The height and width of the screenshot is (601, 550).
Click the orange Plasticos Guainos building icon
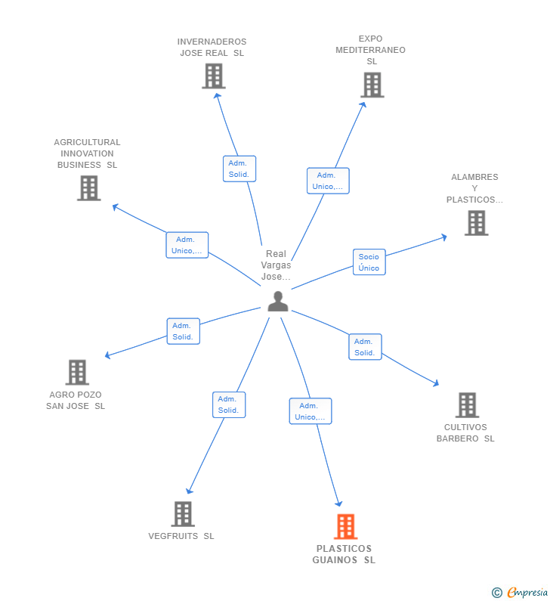[345, 526]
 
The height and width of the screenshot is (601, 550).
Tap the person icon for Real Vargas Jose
[278, 301]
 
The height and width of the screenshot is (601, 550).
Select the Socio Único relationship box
[369, 262]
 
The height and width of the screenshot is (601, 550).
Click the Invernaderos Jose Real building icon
[214, 76]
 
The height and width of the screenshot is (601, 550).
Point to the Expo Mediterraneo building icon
[372, 85]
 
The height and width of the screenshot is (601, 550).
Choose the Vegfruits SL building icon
[183, 514]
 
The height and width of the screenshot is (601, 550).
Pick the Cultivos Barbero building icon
[467, 405]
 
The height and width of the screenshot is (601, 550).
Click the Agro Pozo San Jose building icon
[77, 372]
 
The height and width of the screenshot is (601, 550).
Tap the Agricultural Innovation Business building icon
[88, 187]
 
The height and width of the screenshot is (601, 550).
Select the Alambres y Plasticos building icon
[476, 223]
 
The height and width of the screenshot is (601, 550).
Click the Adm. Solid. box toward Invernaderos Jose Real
[239, 169]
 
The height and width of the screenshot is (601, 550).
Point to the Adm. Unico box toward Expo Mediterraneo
[328, 181]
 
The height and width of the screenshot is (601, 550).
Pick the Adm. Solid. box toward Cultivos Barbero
[365, 347]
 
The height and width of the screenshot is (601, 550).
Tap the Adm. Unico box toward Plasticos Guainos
[310, 411]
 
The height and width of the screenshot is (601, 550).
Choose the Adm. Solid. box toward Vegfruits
[228, 404]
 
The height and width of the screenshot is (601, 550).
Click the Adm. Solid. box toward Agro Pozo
[183, 331]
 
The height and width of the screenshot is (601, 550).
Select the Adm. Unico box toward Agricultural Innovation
[187, 245]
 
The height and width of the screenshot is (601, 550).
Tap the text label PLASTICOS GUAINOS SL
[344, 554]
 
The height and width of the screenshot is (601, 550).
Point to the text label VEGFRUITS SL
[181, 536]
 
